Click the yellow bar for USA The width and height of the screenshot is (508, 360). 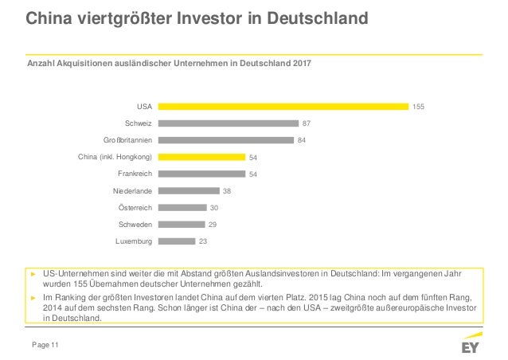pos(282,106)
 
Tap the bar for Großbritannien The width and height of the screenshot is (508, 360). pos(225,140)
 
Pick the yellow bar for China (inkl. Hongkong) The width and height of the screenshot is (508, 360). pos(201,157)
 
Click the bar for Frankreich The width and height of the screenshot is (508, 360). pos(201,174)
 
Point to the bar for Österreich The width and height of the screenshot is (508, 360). pos(182,208)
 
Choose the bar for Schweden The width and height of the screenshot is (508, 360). pos(181,225)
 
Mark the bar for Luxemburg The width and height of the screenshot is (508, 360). pos(176,241)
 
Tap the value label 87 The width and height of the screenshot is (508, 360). pos(307,123)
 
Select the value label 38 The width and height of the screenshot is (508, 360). pos(228,191)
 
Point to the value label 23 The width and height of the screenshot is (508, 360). pos(203,241)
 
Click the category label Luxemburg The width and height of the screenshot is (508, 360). pos(134,241)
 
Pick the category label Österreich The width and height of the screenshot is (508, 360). pos(135,208)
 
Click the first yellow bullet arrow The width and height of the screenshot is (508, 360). pos(33,273)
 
